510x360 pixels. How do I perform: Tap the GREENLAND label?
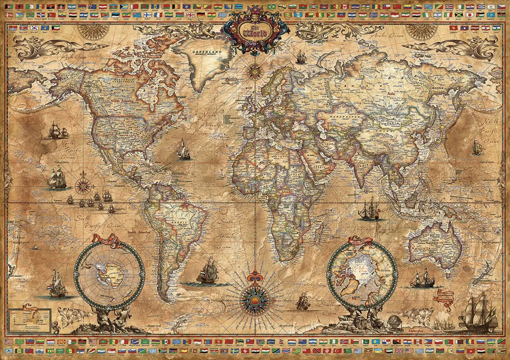pos(206,53)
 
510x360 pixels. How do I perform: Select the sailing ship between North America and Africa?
pos(184,150)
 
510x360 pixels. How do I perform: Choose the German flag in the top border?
pos(200,15)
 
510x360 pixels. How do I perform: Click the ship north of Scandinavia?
pos(302,58)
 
